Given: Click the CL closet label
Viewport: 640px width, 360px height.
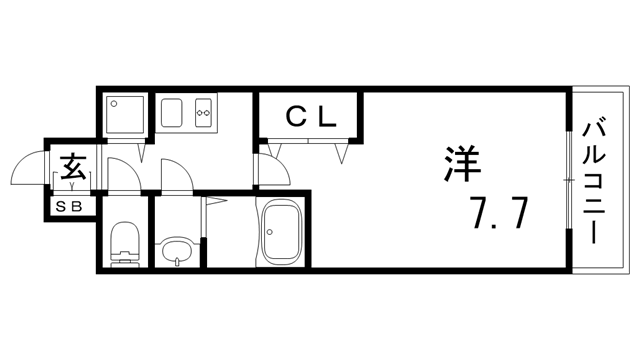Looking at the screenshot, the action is point(311,117).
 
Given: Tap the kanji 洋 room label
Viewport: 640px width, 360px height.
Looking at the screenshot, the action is point(462,164).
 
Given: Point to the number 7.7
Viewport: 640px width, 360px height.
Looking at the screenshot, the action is point(499,213).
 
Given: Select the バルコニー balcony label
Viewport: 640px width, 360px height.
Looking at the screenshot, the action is point(593,182).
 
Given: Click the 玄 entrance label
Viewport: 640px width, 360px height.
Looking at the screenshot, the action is point(73,167).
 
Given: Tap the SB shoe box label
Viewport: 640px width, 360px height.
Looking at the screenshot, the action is point(69,207).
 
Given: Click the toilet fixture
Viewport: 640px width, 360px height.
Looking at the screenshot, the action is point(125,244).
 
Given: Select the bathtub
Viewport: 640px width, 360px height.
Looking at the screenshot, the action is point(281,232).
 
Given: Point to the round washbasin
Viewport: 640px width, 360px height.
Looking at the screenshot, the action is point(177,251).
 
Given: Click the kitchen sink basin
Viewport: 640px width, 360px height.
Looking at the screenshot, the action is point(171,113).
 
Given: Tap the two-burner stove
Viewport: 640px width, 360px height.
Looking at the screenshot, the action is point(203,113).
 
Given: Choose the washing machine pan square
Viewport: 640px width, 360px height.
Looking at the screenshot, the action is point(125,115).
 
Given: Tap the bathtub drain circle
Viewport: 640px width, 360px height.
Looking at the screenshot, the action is point(269,232).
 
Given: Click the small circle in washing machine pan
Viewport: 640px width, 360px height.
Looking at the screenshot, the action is point(114,104).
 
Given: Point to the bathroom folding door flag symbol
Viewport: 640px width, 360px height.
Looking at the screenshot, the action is point(214,200).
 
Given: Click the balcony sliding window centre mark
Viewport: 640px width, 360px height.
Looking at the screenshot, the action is point(568,180).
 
